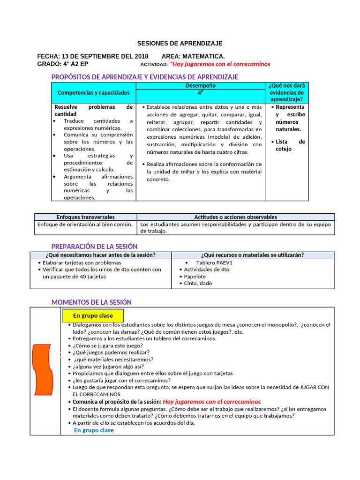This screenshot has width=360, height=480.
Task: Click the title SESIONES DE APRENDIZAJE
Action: (180, 43)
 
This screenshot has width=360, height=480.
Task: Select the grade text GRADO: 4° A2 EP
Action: (63, 64)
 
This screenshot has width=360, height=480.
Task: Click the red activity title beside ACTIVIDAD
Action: (220, 64)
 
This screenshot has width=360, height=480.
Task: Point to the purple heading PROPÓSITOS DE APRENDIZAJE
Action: (144, 77)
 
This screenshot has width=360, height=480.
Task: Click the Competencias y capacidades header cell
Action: (93, 93)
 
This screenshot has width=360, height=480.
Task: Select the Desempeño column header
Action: (200, 86)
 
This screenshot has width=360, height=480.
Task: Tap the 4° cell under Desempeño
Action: (200, 93)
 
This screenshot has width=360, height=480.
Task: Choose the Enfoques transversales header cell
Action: (85, 217)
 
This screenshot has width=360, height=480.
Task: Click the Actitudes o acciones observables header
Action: (235, 217)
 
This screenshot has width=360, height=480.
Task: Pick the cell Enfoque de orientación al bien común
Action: (86, 225)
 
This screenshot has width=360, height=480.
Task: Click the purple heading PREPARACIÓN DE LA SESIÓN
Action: (94, 247)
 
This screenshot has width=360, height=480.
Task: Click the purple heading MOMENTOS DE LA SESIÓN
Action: (91, 302)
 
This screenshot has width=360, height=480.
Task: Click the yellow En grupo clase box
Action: (93, 316)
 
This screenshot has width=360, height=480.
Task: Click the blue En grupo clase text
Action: (94, 430)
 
